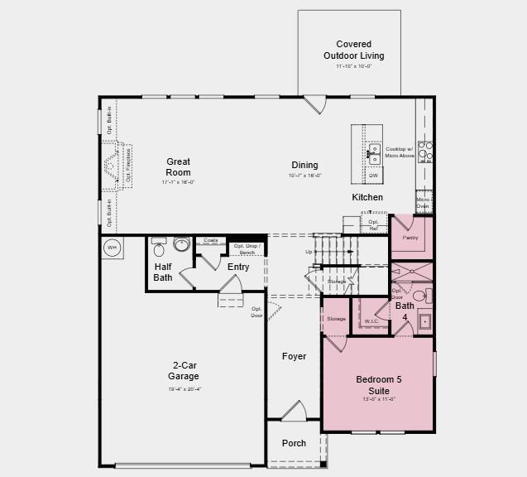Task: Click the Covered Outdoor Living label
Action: [x=353, y=50]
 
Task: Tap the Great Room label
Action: [x=178, y=167]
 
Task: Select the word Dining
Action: [x=304, y=166]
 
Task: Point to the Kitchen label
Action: [x=367, y=197]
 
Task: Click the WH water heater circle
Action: [x=112, y=247]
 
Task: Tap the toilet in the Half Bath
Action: [x=159, y=248]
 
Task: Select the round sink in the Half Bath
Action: [x=181, y=244]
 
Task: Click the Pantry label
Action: [x=411, y=238]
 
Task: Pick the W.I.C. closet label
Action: [x=372, y=320]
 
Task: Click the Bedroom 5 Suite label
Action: [x=378, y=384]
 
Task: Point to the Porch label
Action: [x=294, y=443]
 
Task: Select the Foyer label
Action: [x=294, y=357]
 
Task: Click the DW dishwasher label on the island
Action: [x=373, y=176]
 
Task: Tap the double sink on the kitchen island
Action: [x=374, y=154]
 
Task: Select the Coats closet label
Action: [x=211, y=241]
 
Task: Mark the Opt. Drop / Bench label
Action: [x=247, y=248]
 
